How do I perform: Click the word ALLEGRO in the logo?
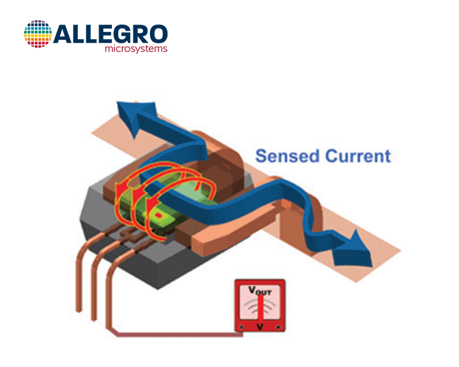(x=111, y=34)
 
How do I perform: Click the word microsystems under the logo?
(x=136, y=48)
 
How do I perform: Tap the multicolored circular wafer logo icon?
(x=38, y=34)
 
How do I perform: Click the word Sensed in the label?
(x=287, y=156)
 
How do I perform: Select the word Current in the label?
(x=358, y=156)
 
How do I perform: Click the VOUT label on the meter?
(x=260, y=291)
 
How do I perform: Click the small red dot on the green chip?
(x=159, y=216)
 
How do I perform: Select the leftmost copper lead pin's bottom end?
(x=78, y=310)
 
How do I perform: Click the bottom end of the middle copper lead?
(x=94, y=319)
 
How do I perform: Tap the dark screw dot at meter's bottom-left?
(x=241, y=327)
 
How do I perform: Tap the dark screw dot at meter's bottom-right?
(x=278, y=327)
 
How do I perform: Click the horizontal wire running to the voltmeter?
(x=180, y=335)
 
